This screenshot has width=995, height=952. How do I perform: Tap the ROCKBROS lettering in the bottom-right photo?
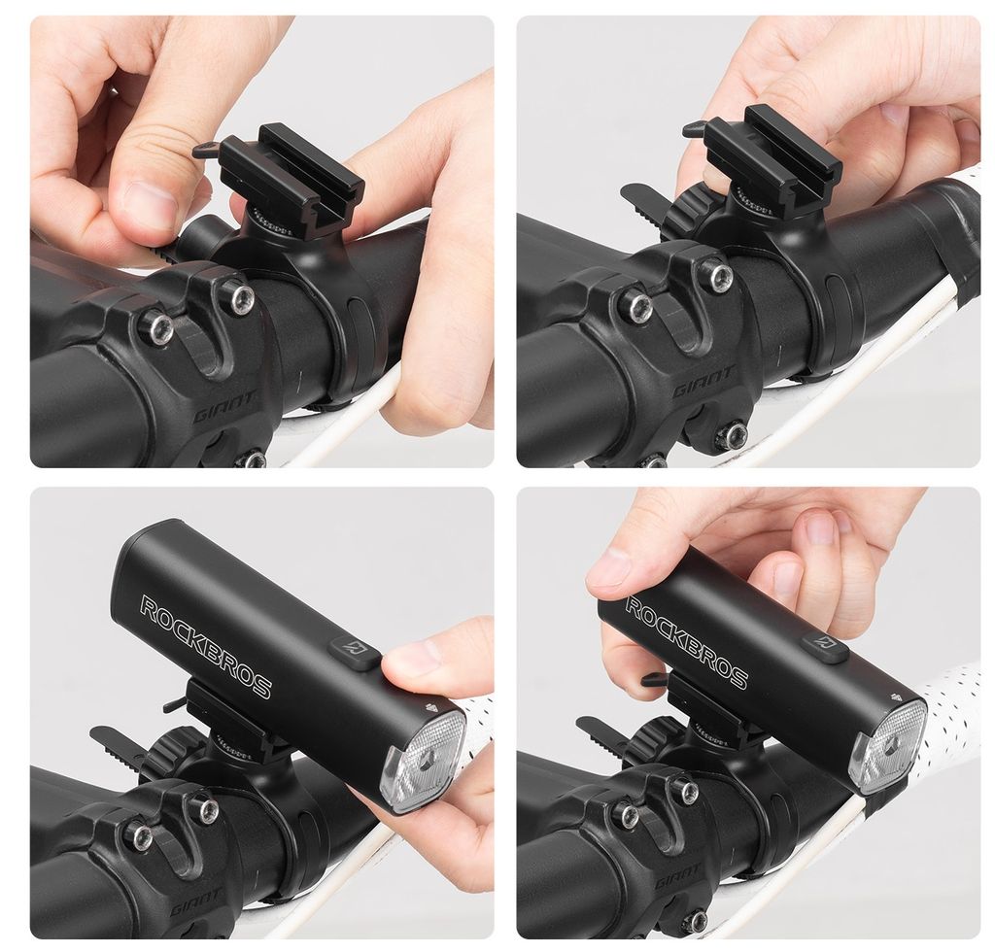(687, 642)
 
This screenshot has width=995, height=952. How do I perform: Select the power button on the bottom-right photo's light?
(825, 648)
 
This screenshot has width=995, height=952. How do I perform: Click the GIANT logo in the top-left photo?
(225, 407)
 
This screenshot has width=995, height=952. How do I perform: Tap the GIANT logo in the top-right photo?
(703, 382)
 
